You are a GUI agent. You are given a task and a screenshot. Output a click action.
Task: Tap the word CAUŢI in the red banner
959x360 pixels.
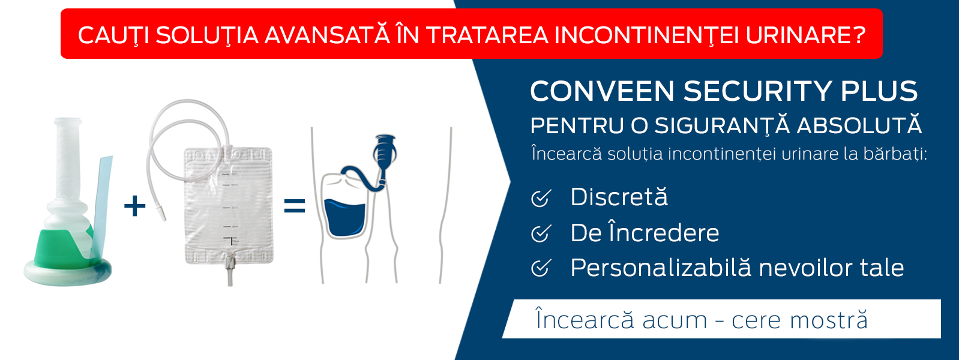(x=113, y=35)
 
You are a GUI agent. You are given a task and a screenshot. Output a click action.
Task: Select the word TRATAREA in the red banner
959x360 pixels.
(x=487, y=35)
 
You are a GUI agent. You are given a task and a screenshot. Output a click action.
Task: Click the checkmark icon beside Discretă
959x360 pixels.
(x=541, y=198)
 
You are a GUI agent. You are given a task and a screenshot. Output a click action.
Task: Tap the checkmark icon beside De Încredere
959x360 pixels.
(x=541, y=233)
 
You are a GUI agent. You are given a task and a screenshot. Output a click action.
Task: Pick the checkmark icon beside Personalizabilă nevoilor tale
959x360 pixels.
(x=541, y=268)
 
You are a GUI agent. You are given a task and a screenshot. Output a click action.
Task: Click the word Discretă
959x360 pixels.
(x=619, y=196)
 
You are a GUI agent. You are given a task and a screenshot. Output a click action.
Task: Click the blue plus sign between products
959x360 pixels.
(x=135, y=206)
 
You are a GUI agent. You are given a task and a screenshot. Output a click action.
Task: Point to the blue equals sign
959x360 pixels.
(x=295, y=205)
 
